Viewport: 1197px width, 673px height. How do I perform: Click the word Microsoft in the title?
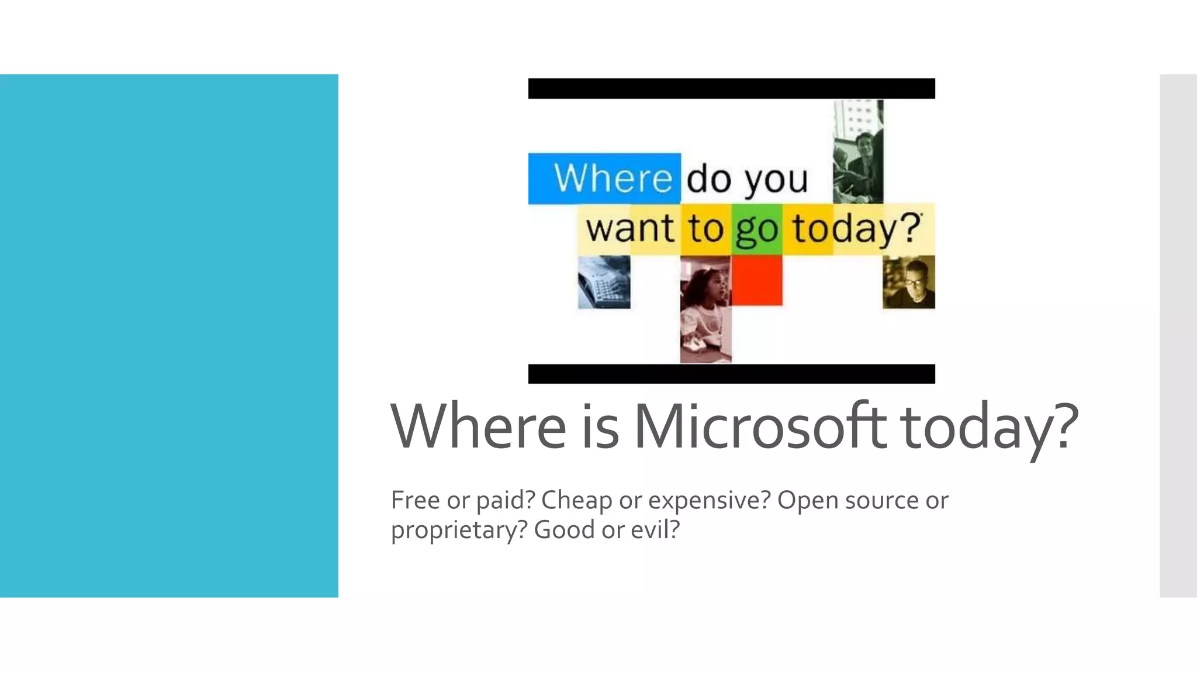coord(760,426)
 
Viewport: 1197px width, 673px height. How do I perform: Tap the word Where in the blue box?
coord(613,178)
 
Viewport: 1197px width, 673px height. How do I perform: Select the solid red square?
coord(756,280)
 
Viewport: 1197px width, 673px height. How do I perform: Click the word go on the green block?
coord(756,230)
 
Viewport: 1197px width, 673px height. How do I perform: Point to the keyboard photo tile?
coord(604,282)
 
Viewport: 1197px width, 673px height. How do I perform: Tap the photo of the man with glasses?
coord(909,282)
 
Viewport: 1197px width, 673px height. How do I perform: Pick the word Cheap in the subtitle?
coord(576,500)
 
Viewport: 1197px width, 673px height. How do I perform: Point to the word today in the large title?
coord(982,427)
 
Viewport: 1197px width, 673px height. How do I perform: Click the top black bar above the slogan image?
coord(731,89)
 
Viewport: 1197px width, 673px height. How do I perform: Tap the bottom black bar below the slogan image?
coord(731,374)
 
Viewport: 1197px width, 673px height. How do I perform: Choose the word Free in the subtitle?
coord(415,500)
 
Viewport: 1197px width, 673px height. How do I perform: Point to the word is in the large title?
coord(600,426)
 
